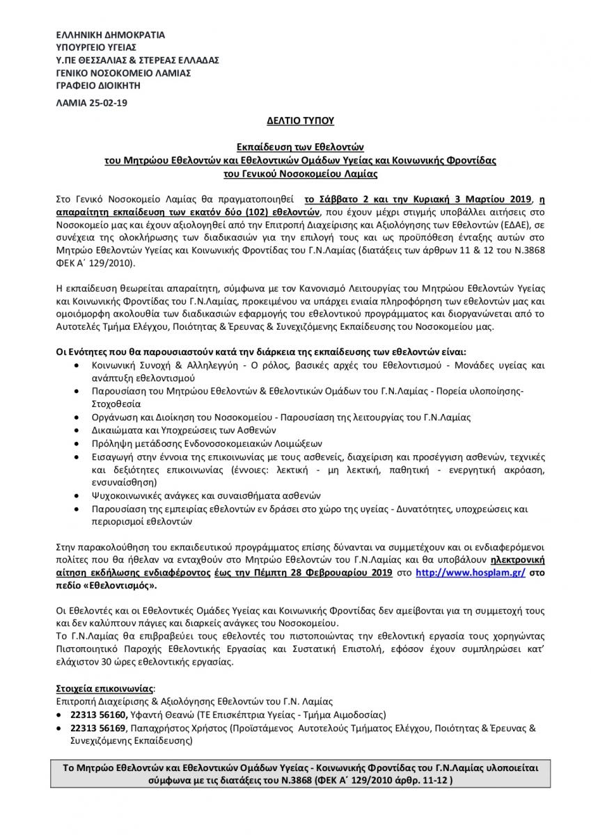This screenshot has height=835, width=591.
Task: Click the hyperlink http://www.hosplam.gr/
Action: pyautogui.click(x=468, y=572)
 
